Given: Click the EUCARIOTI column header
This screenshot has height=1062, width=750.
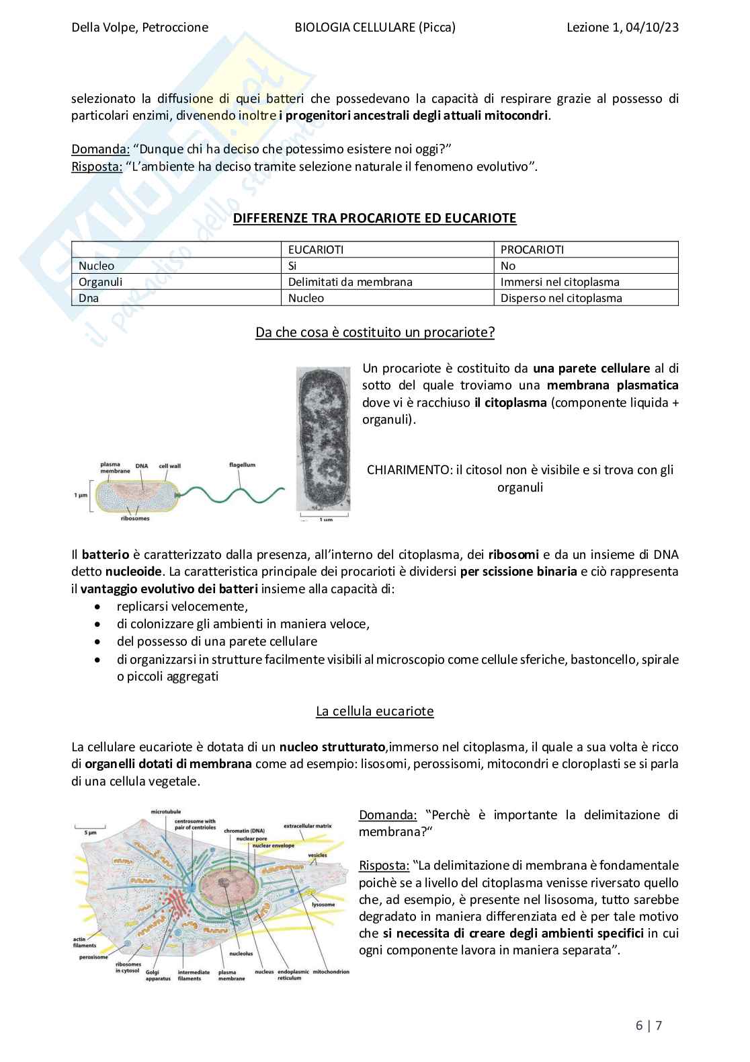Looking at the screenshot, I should pos(316,250).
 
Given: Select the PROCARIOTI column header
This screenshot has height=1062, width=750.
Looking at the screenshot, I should pos(532,250).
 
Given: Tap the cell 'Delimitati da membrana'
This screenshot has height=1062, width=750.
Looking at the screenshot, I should pos(350,282).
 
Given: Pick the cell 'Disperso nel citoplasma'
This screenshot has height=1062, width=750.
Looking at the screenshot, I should pos(561,298).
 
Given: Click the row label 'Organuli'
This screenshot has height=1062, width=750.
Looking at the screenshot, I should pos(100,282).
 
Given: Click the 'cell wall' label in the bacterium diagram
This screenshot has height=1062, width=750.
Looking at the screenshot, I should pos(169,465).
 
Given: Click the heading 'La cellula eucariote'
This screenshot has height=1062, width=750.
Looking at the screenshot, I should pos(374,711).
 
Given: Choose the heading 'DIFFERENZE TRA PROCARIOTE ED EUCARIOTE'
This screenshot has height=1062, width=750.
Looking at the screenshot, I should pos(374,218).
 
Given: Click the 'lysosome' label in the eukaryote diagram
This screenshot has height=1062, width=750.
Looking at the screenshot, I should pos(323,905).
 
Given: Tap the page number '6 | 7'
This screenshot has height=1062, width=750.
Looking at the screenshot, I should pos(649,1026).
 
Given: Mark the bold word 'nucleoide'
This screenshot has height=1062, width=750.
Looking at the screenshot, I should pos(133,572).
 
